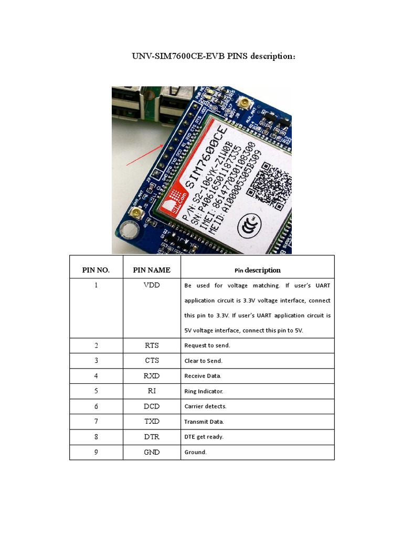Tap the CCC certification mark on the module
[247, 226]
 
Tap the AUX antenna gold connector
[243, 103]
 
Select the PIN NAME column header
[152, 270]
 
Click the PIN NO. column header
[96, 270]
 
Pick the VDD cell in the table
[152, 285]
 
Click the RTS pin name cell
[152, 346]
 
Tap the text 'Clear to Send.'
[204, 361]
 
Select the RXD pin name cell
[152, 376]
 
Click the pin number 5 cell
[96, 391]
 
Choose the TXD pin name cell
[152, 421]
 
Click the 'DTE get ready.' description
[204, 437]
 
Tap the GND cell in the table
[152, 452]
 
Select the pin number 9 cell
[96, 452]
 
